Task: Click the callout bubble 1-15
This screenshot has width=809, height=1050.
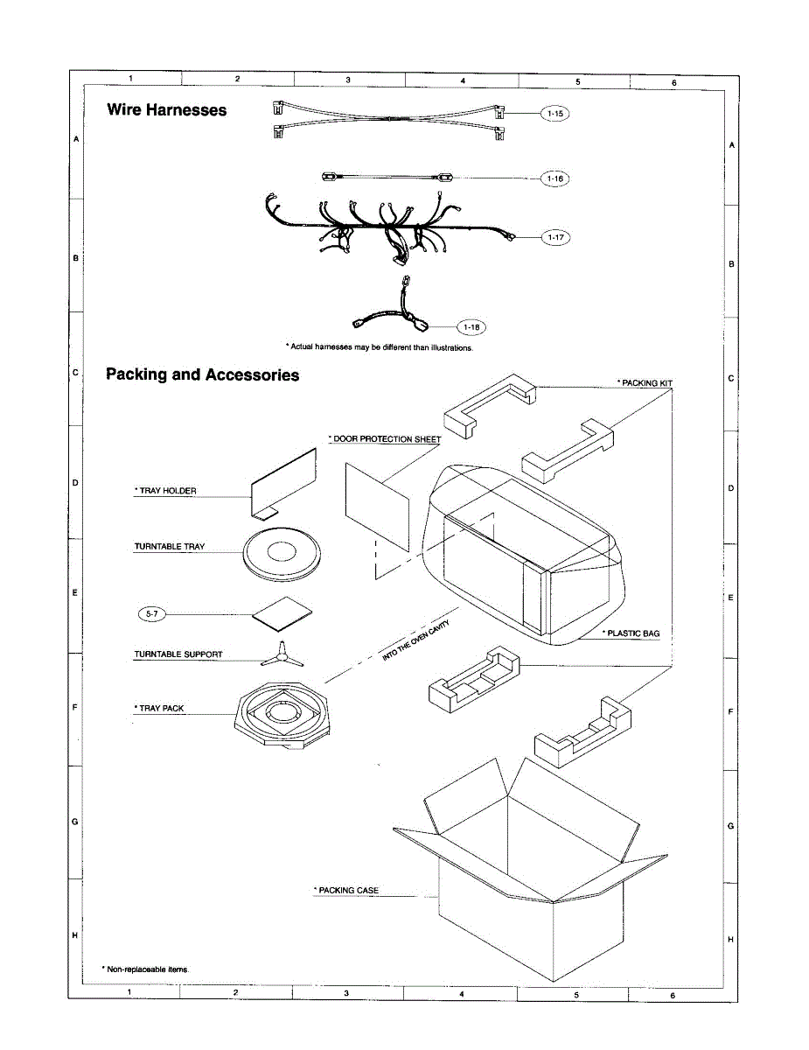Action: click(555, 114)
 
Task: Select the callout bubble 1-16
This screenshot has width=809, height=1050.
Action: click(555, 178)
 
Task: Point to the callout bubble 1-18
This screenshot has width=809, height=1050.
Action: click(471, 327)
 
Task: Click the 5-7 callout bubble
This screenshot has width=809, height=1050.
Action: click(150, 615)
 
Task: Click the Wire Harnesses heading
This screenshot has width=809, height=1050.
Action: click(166, 110)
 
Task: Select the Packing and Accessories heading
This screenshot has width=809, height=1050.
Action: click(202, 375)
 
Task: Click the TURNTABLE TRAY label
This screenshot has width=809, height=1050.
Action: click(170, 547)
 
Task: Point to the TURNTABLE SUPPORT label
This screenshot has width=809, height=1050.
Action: click(178, 654)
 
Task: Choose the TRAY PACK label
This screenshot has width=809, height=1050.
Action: click(159, 709)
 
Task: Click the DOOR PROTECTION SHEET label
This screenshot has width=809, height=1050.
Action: click(384, 438)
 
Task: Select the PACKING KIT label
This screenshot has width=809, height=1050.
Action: click(645, 383)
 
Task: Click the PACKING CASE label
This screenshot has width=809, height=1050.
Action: click(346, 891)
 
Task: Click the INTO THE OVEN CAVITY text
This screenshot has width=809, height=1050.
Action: click(421, 639)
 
